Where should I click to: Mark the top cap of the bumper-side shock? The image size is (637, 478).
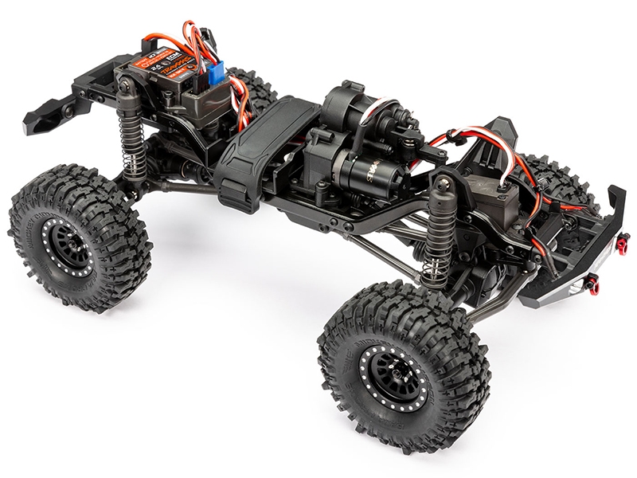[441, 184]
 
